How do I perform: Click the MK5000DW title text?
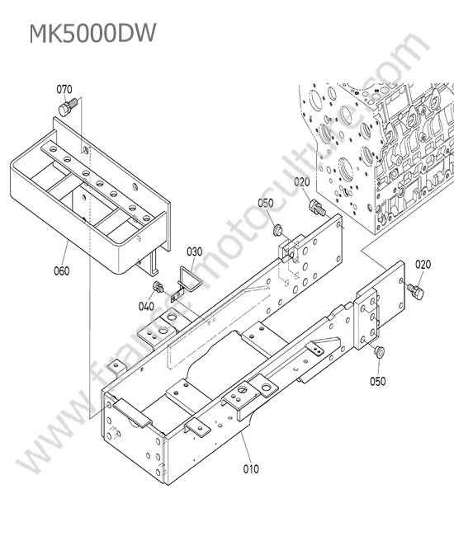pos(92,33)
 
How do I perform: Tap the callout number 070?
pos(64,90)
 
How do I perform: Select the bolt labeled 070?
pos(68,106)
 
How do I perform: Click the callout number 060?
pos(62,271)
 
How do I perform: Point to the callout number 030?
pos(194,252)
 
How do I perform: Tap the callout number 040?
pos(146,306)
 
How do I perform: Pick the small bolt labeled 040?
pos(158,286)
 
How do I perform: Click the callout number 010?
pos(251,469)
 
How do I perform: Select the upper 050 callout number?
pos(266,203)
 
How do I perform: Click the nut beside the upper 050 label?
pos(277,230)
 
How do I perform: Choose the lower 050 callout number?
pos(378,381)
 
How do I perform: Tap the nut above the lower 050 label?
pos(379,352)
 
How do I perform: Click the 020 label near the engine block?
pos(302,182)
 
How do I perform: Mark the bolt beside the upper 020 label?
pos(316,207)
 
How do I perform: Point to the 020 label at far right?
pos(423,265)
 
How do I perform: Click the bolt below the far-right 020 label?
pos(416,292)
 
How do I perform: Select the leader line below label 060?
pos(65,253)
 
